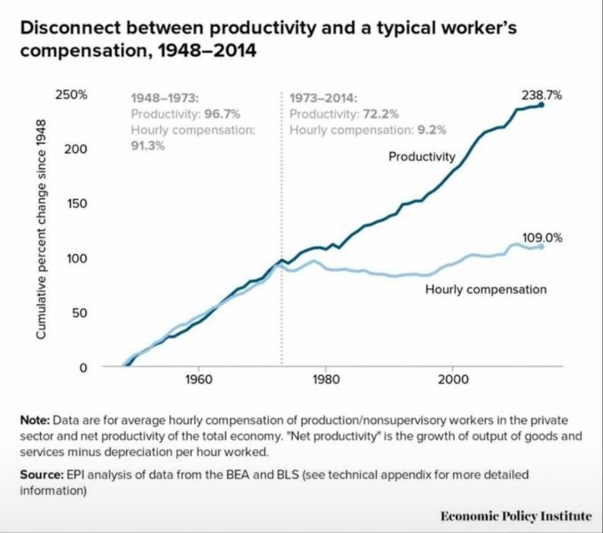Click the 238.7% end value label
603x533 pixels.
coord(541,95)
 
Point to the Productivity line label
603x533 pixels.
coord(422,157)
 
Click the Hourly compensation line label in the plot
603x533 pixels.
coord(485,289)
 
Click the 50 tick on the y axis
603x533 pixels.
coord(77,313)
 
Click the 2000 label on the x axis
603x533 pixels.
coord(453,379)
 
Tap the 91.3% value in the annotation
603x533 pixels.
coord(148,146)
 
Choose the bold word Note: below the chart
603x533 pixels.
coord(35,419)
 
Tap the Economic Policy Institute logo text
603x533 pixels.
coord(516,516)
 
